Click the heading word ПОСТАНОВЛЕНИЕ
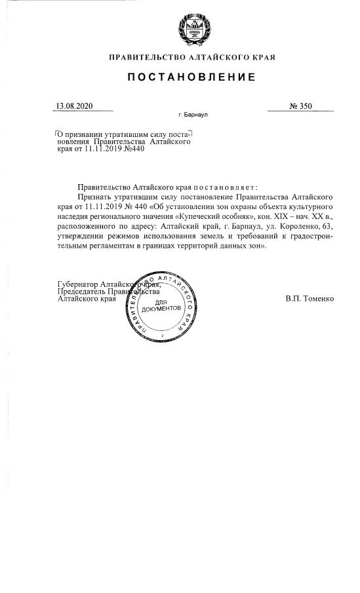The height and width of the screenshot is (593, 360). (x=191, y=77)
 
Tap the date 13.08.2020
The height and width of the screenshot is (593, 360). (x=75, y=105)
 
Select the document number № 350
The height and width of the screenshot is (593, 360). (x=300, y=105)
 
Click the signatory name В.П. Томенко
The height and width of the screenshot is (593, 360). (x=310, y=298)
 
